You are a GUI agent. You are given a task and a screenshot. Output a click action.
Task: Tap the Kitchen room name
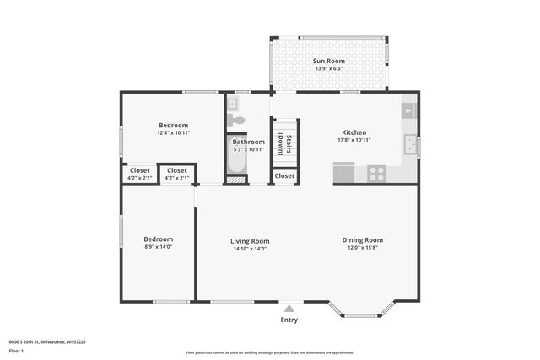354,132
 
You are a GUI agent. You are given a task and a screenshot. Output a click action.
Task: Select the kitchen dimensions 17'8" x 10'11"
354,140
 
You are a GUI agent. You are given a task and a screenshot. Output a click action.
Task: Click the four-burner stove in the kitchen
376,175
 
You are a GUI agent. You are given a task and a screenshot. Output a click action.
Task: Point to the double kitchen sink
410,145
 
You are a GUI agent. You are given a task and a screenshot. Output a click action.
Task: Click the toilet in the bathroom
236,121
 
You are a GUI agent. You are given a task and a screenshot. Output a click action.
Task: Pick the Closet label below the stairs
284,175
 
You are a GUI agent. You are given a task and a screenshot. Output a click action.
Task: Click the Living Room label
249,241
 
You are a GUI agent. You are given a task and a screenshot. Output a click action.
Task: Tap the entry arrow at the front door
289,308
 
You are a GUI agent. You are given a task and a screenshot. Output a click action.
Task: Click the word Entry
289,320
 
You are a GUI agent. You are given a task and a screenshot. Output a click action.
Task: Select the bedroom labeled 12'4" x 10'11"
173,129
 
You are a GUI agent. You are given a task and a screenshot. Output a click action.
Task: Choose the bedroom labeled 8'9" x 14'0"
158,243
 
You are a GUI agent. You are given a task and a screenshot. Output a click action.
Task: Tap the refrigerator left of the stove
344,174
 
